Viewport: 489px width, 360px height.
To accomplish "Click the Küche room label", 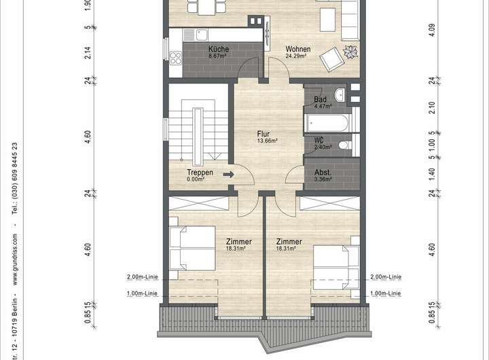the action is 219,49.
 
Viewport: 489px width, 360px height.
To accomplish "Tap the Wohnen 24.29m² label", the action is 298,52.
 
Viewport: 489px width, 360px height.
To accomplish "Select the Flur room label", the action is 264,134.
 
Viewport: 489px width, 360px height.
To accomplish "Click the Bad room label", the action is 320,100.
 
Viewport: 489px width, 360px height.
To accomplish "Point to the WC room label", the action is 319,140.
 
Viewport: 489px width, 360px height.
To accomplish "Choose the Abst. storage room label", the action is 323,173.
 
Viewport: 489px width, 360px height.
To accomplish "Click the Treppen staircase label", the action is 200,173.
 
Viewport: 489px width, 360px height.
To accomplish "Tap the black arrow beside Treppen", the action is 229,174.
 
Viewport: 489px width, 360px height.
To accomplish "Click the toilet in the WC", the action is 345,145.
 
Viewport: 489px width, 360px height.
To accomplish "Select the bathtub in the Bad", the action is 327,123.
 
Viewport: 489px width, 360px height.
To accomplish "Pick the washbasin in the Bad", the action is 340,94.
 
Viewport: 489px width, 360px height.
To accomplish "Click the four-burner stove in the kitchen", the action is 175,58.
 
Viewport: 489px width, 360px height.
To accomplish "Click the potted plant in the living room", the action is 350,52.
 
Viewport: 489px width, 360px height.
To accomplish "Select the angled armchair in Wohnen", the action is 332,60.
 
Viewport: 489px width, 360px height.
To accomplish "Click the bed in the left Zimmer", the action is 192,249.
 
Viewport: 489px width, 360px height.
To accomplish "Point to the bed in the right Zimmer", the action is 336,268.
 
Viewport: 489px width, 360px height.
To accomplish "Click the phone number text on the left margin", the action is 15,179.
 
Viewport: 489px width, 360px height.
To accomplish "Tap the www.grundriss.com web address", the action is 15,259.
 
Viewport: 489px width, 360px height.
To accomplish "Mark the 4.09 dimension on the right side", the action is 432,31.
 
